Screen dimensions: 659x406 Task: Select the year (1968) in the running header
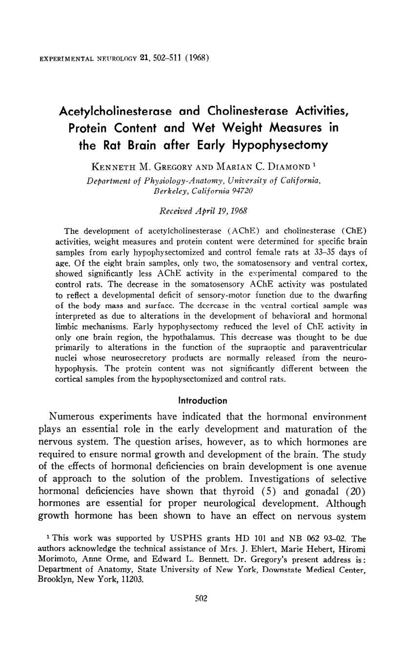(198, 60)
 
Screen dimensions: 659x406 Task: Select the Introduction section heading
(203, 401)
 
